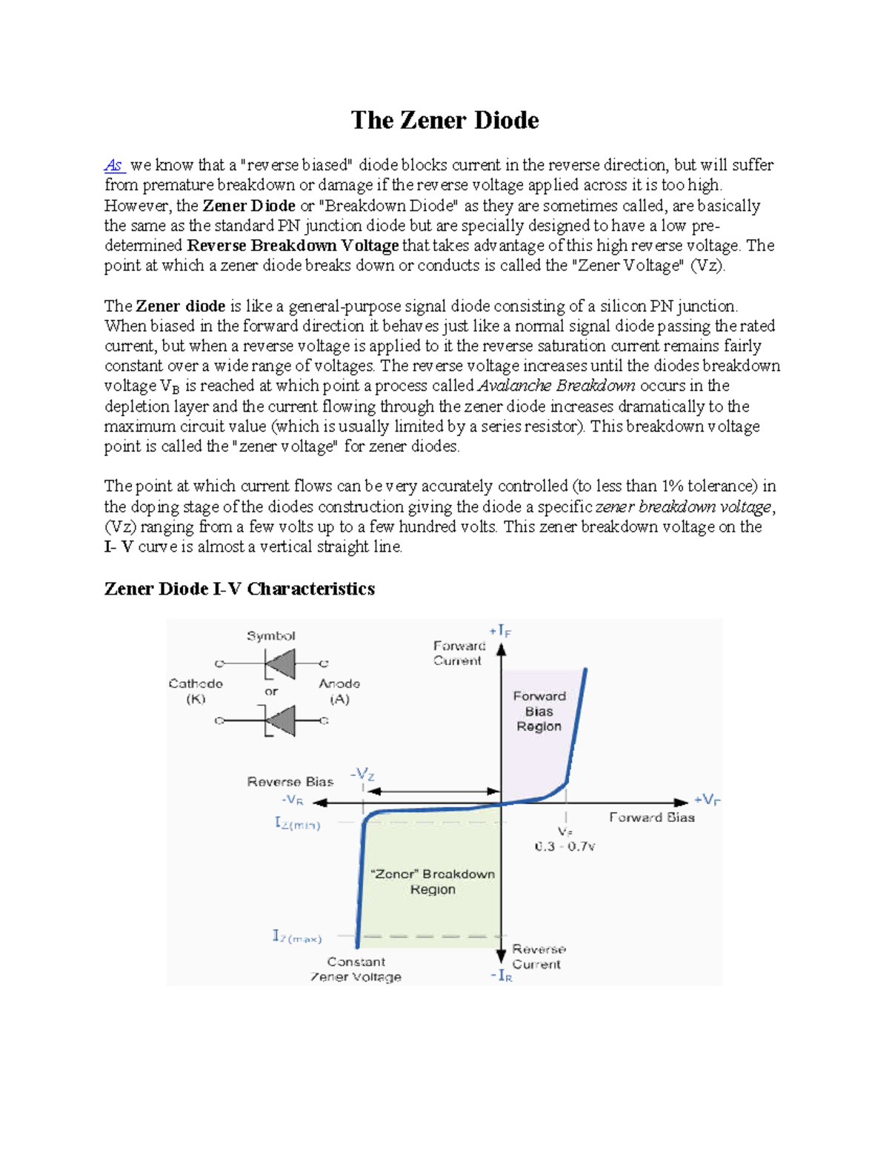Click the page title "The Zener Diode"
[444, 120]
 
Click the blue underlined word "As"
[113, 165]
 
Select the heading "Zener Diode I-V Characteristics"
[239, 589]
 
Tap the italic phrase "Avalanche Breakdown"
[556, 386]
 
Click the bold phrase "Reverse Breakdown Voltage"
[293, 246]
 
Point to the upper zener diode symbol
[279, 663]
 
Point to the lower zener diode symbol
[279, 721]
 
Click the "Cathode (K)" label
[196, 691]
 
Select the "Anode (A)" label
[339, 691]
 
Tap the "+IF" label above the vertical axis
[500, 631]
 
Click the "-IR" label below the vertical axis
[501, 976]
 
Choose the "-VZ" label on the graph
[362, 775]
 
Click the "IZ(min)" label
[298, 823]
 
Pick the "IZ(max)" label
[296, 937]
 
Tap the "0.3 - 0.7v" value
[565, 846]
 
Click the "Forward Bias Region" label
[539, 711]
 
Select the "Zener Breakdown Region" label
[433, 881]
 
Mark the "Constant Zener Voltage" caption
[356, 969]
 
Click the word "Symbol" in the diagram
[271, 636]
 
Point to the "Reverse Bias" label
[290, 782]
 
